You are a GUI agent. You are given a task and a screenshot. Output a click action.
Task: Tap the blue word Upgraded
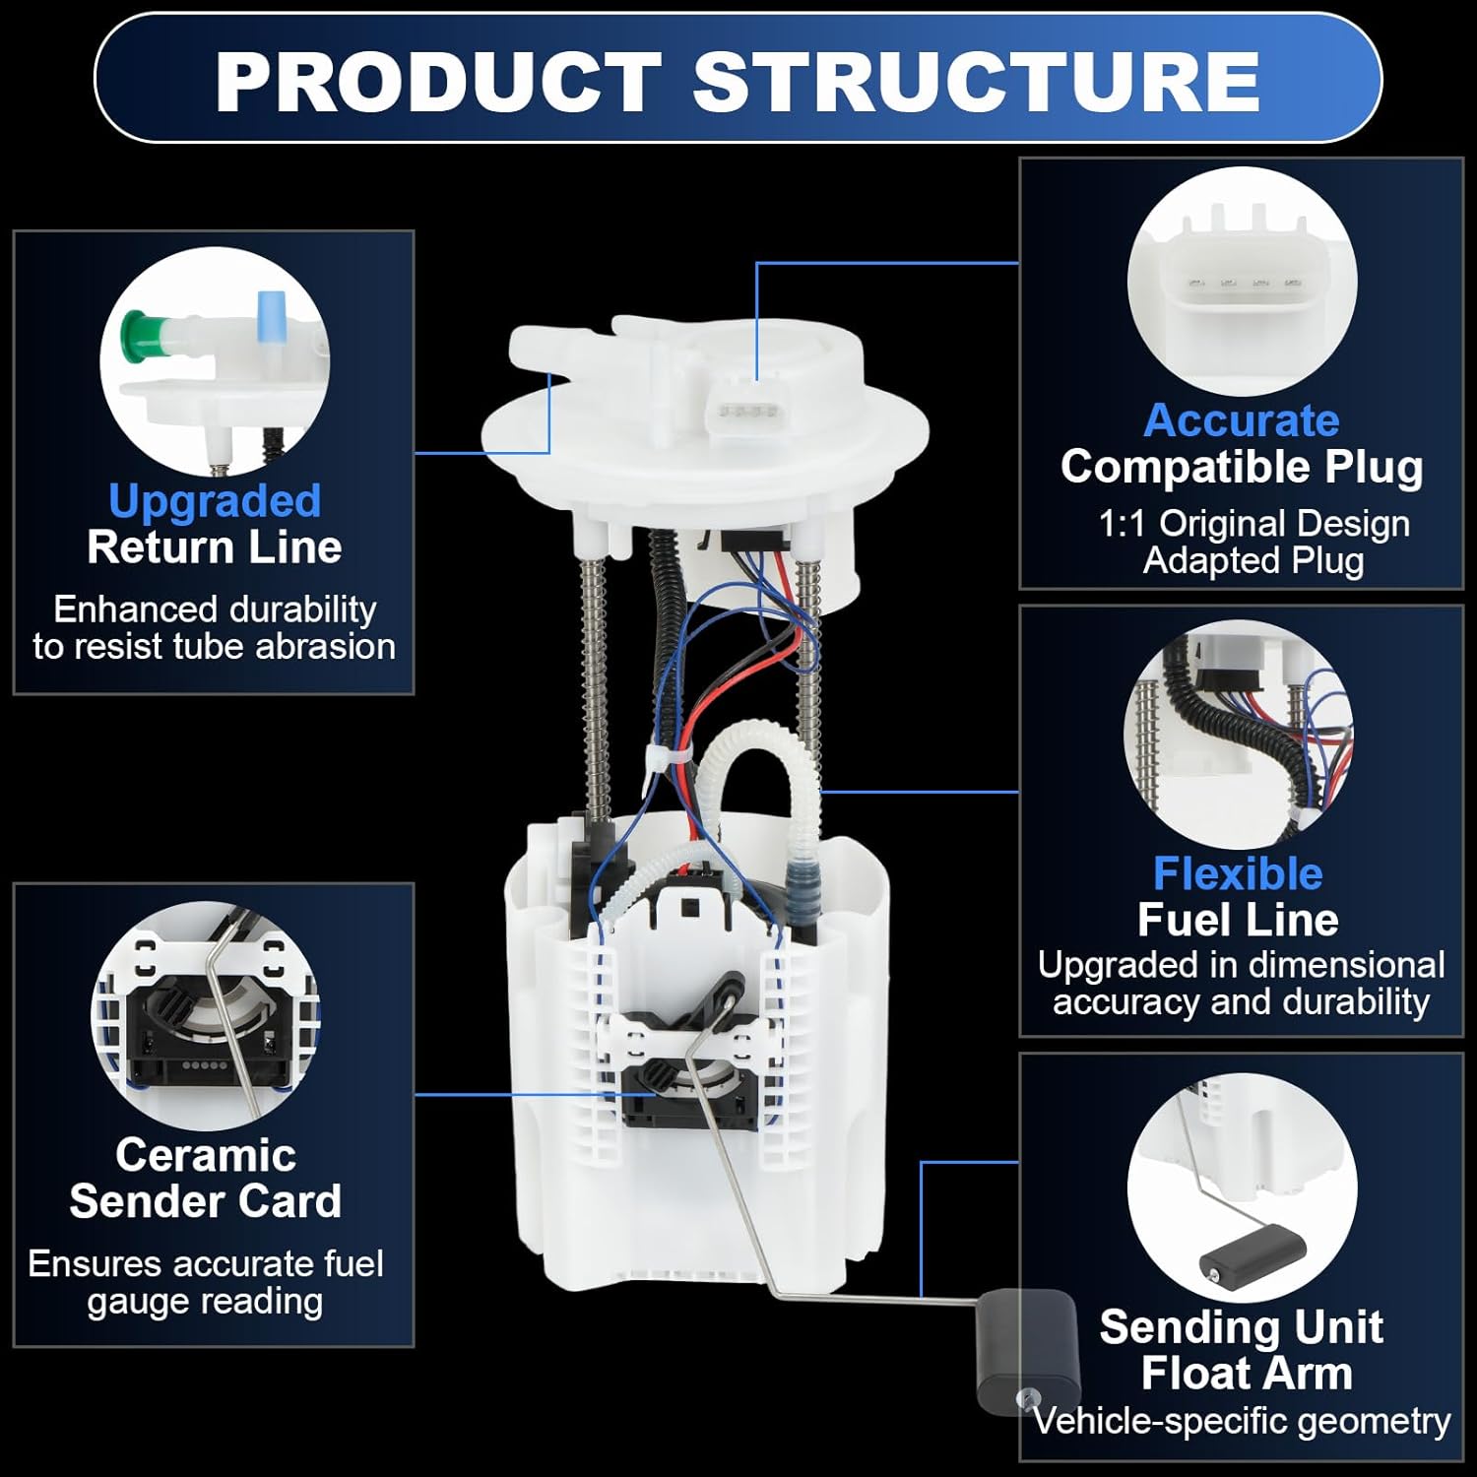tap(215, 500)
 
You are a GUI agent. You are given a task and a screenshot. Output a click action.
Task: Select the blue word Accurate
tap(1241, 420)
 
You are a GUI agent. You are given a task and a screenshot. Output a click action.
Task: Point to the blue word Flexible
tap(1238, 873)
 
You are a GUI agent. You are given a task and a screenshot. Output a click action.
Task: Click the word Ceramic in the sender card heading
tap(205, 1154)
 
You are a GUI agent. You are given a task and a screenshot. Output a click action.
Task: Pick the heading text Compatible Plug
tap(1241, 467)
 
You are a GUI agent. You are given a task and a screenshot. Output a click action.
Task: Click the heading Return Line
tap(214, 547)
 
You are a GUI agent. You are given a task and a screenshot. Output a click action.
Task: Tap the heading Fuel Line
tap(1238, 920)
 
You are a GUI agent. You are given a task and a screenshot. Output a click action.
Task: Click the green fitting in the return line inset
tap(141, 332)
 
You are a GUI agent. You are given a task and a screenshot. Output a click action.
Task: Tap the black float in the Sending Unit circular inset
tap(1252, 1253)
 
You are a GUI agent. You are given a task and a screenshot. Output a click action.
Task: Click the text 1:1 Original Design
tap(1253, 523)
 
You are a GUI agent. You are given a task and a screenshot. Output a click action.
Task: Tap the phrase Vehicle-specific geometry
tap(1241, 1421)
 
